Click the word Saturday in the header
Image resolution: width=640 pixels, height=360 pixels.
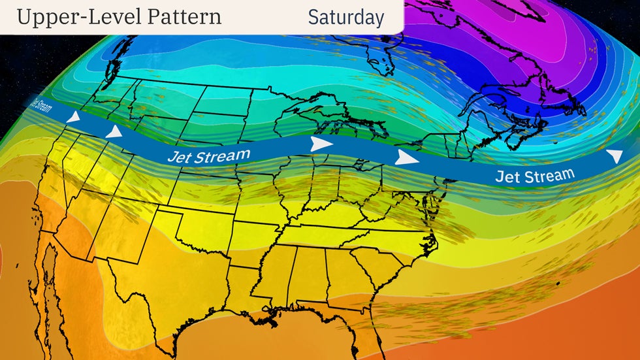coord(345,18)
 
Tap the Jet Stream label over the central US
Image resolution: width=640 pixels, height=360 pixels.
coord(208,156)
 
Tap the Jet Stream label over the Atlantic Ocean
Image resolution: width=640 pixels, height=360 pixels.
coord(535,175)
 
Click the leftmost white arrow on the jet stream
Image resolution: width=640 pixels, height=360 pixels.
coord(74,118)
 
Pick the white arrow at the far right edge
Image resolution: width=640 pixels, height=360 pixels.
coord(615,155)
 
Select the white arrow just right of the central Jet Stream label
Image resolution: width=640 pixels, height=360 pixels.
coord(320,144)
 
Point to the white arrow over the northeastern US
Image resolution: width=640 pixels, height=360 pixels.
coord(407,157)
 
